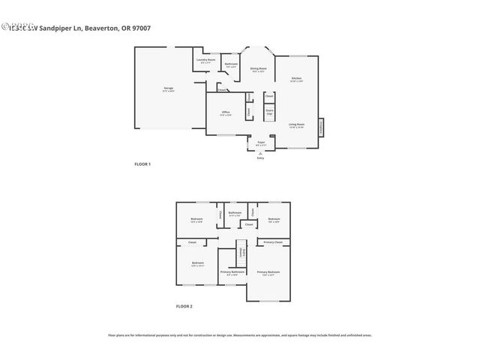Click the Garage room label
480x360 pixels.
(x=169, y=88)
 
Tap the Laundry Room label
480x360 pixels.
(x=205, y=60)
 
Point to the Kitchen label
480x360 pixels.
(x=296, y=79)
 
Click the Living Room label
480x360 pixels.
(x=296, y=125)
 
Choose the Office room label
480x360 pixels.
(x=225, y=112)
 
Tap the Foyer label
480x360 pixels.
(x=261, y=142)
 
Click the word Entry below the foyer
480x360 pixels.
(x=260, y=158)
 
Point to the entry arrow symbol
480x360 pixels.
(x=260, y=153)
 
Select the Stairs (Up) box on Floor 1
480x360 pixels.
(x=269, y=112)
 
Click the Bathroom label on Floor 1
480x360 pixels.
(x=232, y=64)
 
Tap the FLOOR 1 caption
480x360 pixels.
(x=142, y=163)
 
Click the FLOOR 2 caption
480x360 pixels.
(x=184, y=306)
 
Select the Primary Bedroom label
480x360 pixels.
(x=268, y=272)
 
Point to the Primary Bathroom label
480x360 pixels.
(x=232, y=272)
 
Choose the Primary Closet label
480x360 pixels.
(x=273, y=242)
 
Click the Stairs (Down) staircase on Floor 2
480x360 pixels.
(x=241, y=253)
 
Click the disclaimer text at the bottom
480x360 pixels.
(x=240, y=335)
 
